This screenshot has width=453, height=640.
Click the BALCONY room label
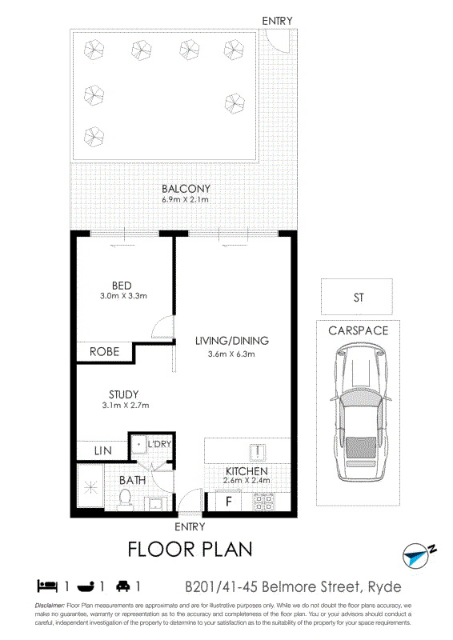coord(186,189)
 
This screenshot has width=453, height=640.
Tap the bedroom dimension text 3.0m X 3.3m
coord(123,296)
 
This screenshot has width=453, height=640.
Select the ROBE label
coord(105,351)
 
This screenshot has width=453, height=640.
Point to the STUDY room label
coord(124,394)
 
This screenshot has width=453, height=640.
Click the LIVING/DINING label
coord(232,341)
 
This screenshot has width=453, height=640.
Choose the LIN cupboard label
coord(102,450)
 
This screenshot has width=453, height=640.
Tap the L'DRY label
coord(159,444)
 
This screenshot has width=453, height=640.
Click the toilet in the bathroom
coord(125,499)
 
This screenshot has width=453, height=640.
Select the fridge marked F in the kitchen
coord(229,502)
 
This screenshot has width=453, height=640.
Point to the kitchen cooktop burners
coord(263,502)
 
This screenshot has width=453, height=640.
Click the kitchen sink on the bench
coord(258,452)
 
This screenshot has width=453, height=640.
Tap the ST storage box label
coord(359,298)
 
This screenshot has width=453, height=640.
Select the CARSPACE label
coord(359,330)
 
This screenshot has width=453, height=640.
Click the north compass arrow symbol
coord(418,556)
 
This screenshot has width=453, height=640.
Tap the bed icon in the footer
coord(47,586)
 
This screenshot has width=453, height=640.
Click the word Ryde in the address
coord(384,587)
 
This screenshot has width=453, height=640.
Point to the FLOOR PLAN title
coord(190,550)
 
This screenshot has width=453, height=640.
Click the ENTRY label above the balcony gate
coord(278,21)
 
